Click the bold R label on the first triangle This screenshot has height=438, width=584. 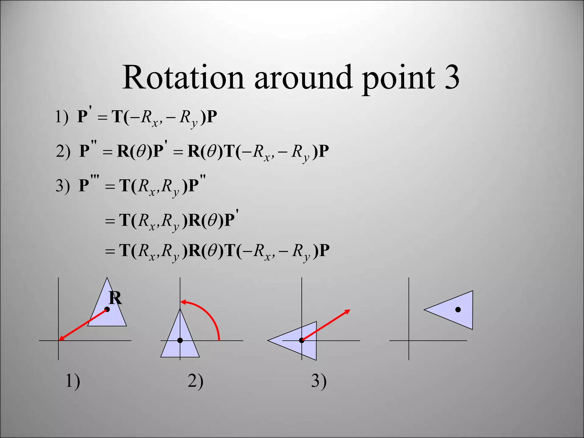coord(115,298)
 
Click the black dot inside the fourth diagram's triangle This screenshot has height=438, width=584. coord(458,310)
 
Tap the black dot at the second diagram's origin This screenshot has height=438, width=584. coord(180,340)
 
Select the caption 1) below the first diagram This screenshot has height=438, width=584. coord(73,381)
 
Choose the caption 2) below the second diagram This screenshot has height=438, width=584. coord(195,381)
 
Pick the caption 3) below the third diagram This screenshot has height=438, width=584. coord(319,381)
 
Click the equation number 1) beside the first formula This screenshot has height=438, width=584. coord(62,117)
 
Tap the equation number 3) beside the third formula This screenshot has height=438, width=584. coord(63,186)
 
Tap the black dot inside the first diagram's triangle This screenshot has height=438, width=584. coord(107,309)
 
